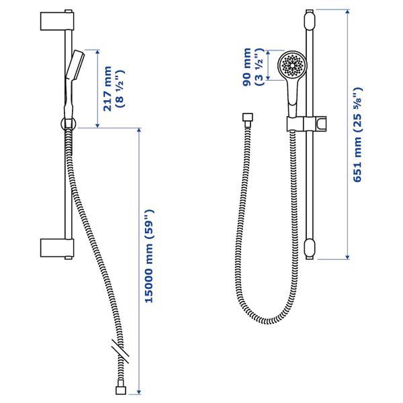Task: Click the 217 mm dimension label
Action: pyautogui.click(x=107, y=89)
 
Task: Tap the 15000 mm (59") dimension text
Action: pyautogui.click(x=149, y=256)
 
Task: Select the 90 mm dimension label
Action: pyautogui.click(x=247, y=67)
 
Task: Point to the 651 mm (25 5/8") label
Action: pyautogui.click(x=357, y=135)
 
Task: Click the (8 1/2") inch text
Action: pyautogui.click(x=120, y=89)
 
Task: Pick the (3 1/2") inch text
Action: pyautogui.click(x=259, y=67)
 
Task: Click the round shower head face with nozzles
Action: pyautogui.click(x=292, y=64)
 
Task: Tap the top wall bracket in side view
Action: pyautogui.click(x=57, y=21)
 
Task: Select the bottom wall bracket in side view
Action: pyautogui.click(x=57, y=248)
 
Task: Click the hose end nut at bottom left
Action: pyautogui.click(x=120, y=390)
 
